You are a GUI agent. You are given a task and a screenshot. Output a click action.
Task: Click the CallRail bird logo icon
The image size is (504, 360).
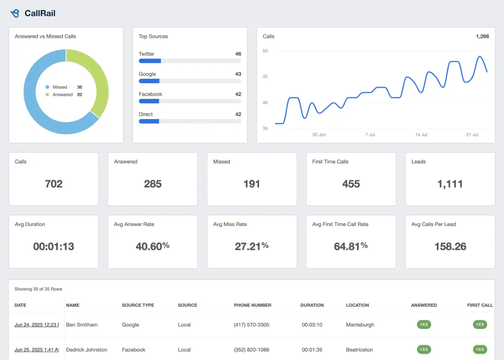click(x=15, y=13)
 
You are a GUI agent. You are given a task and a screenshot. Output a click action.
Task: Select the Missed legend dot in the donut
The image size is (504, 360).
click(x=47, y=87)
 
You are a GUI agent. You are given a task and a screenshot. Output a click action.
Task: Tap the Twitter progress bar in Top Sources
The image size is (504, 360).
click(x=190, y=61)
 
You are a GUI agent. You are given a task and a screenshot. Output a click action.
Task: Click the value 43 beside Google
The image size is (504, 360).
click(x=238, y=74)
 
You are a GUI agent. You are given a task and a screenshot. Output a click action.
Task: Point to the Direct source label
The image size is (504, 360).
click(x=146, y=114)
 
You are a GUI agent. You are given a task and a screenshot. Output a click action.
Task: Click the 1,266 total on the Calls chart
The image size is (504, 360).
click(x=482, y=36)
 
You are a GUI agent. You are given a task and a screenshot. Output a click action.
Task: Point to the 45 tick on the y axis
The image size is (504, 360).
click(x=265, y=77)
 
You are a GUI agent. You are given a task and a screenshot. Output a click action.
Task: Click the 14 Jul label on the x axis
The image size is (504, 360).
click(x=421, y=135)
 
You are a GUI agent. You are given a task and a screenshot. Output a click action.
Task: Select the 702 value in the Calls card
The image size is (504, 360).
click(x=54, y=184)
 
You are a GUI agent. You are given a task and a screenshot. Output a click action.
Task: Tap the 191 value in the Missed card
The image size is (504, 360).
click(x=252, y=184)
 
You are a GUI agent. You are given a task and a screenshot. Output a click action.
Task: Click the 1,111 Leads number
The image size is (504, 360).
click(x=450, y=184)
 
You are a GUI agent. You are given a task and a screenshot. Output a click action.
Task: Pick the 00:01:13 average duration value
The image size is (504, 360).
click(x=54, y=247)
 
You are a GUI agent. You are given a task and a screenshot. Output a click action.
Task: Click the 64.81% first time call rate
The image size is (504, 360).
click(x=351, y=246)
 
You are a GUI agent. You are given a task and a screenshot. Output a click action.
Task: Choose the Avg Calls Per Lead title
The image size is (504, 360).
click(x=433, y=224)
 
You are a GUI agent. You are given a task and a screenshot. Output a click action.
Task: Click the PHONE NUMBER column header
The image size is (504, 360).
click(x=252, y=305)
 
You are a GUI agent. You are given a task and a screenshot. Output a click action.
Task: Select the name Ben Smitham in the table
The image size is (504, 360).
click(x=82, y=324)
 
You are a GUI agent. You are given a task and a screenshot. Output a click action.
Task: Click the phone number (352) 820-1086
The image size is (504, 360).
click(x=252, y=350)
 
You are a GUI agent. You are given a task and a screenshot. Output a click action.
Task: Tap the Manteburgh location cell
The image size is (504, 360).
click(x=360, y=324)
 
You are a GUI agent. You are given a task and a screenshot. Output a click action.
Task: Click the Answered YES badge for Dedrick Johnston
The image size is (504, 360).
click(x=424, y=350)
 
